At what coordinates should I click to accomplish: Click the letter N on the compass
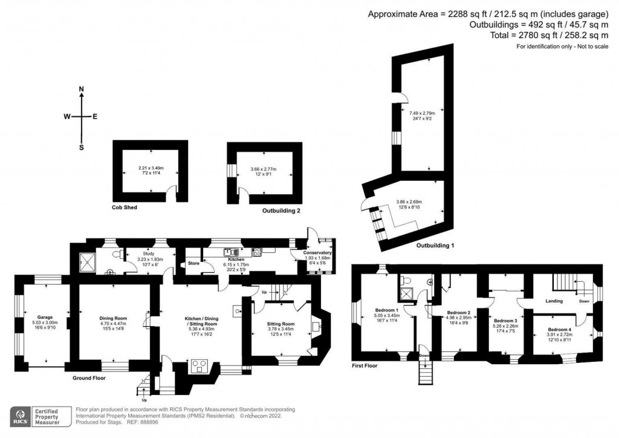tap(81, 89)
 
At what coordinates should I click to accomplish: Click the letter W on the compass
tap(69, 117)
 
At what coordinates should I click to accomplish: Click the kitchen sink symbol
tap(230, 251)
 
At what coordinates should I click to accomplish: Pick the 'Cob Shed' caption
tap(125, 208)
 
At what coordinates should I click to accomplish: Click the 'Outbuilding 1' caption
tap(435, 246)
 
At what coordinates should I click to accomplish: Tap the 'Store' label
tap(193, 264)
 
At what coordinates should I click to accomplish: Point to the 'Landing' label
tap(554, 301)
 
